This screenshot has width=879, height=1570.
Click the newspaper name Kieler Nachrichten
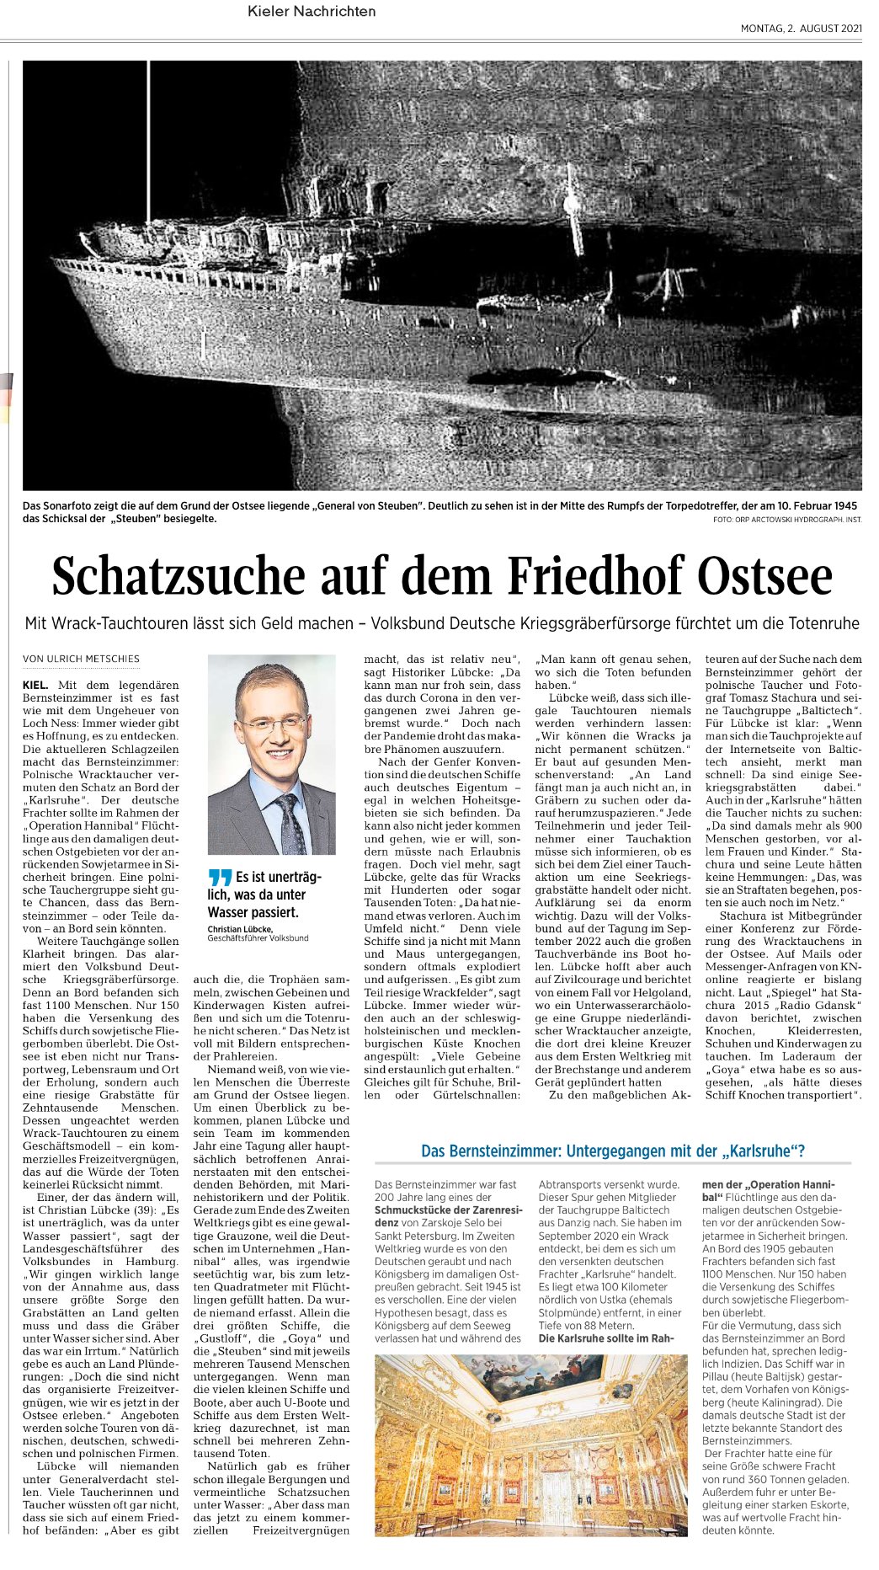click(x=312, y=12)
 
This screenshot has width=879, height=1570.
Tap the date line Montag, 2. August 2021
click(x=801, y=29)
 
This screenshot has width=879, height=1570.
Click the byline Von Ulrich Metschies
click(x=81, y=659)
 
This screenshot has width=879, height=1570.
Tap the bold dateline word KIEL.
click(x=35, y=686)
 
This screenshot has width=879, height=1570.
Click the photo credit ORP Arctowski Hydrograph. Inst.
click(x=787, y=520)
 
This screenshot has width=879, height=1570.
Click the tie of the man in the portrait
click(x=290, y=821)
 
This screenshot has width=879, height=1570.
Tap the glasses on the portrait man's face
click(x=271, y=723)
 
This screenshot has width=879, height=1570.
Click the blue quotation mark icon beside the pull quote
click(x=219, y=878)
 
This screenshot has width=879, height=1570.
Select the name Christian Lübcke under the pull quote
click(x=240, y=929)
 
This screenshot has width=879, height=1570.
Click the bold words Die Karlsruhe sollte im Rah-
click(x=606, y=1338)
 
